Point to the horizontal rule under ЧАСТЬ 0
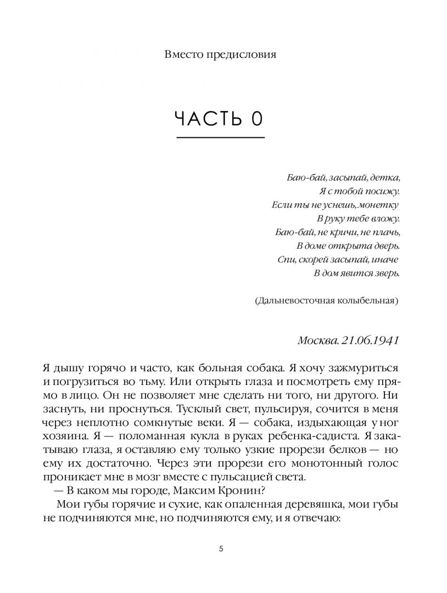pyautogui.click(x=220, y=138)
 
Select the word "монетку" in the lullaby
pyautogui.click(x=379, y=205)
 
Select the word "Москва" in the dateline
pyautogui.click(x=317, y=340)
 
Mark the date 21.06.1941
pyautogui.click(x=368, y=340)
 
